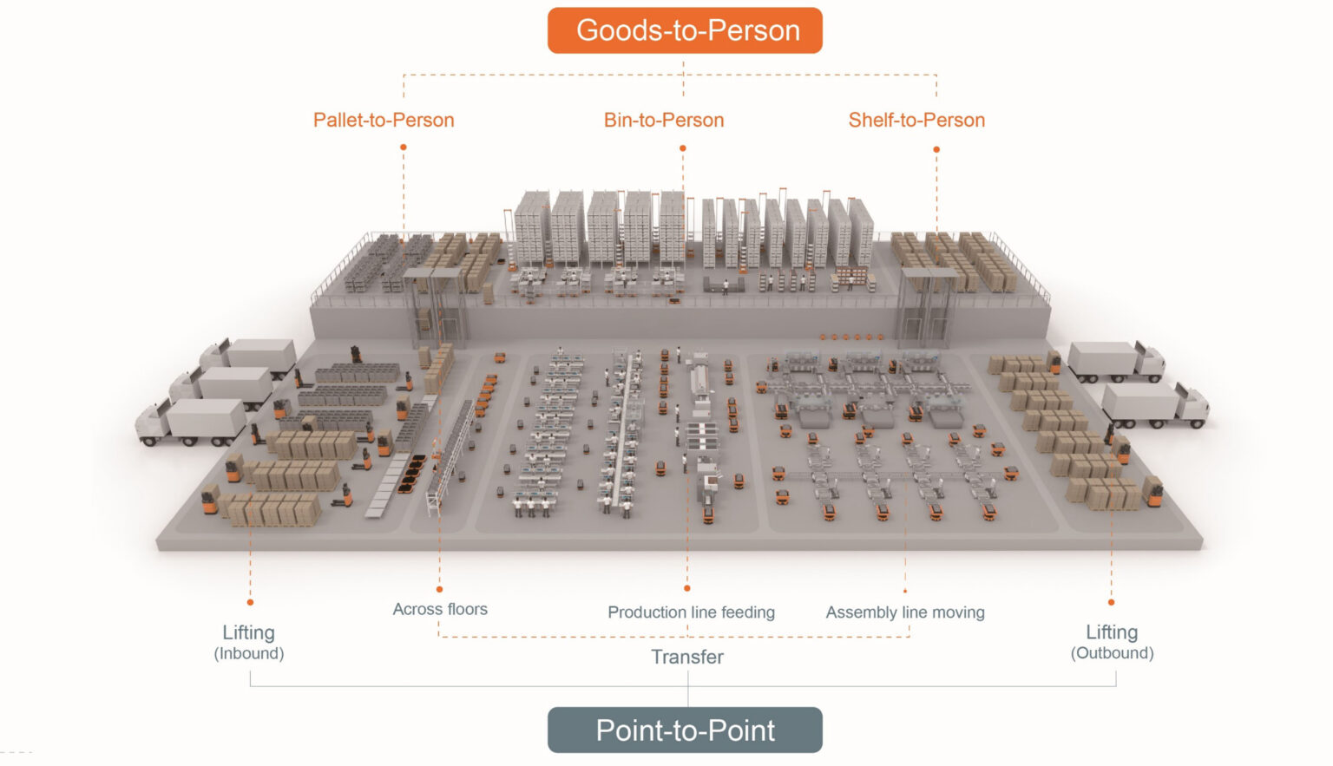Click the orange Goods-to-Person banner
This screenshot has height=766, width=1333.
[685, 30]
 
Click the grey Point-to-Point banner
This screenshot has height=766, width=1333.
[685, 730]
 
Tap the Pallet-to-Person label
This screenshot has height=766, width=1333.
[384, 120]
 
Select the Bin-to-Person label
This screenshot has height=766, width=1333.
[664, 120]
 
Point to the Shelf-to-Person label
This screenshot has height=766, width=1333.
[916, 120]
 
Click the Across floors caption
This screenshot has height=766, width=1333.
[440, 609]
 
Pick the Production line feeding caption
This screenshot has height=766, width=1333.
[691, 612]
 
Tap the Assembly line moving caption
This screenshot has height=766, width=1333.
[905, 612]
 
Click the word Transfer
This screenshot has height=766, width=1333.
[687, 657]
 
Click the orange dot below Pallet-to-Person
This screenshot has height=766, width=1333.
[404, 147]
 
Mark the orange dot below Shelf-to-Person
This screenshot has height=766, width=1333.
[936, 149]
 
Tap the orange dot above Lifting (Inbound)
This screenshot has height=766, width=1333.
[250, 602]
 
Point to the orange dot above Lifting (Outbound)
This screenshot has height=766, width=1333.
[1112, 602]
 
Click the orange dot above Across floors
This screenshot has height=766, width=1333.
[439, 590]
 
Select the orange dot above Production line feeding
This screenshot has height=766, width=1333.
[687, 589]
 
